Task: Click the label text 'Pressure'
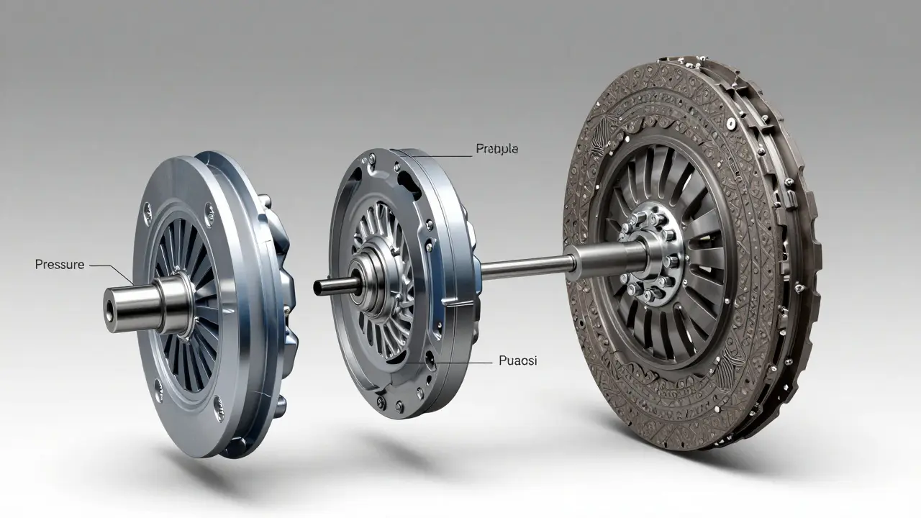point(59,265)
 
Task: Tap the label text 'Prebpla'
point(496,149)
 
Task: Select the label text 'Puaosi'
point(517,361)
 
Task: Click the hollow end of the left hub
point(112,310)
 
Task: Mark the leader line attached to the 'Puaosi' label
point(460,362)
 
